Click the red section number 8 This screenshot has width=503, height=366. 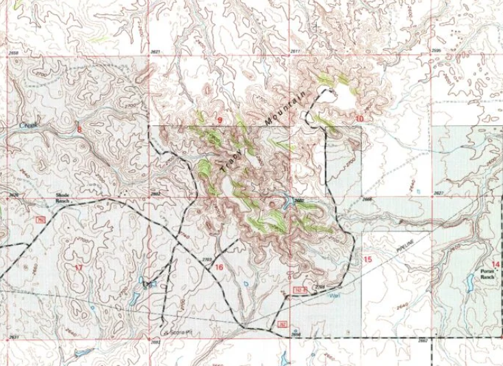click(x=79, y=128)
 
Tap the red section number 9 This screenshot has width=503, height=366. click(x=220, y=120)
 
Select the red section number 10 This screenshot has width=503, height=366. click(x=359, y=118)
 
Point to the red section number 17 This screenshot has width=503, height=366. click(x=78, y=267)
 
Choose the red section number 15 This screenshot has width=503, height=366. click(x=367, y=259)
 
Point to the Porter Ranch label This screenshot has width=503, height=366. click(x=489, y=274)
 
